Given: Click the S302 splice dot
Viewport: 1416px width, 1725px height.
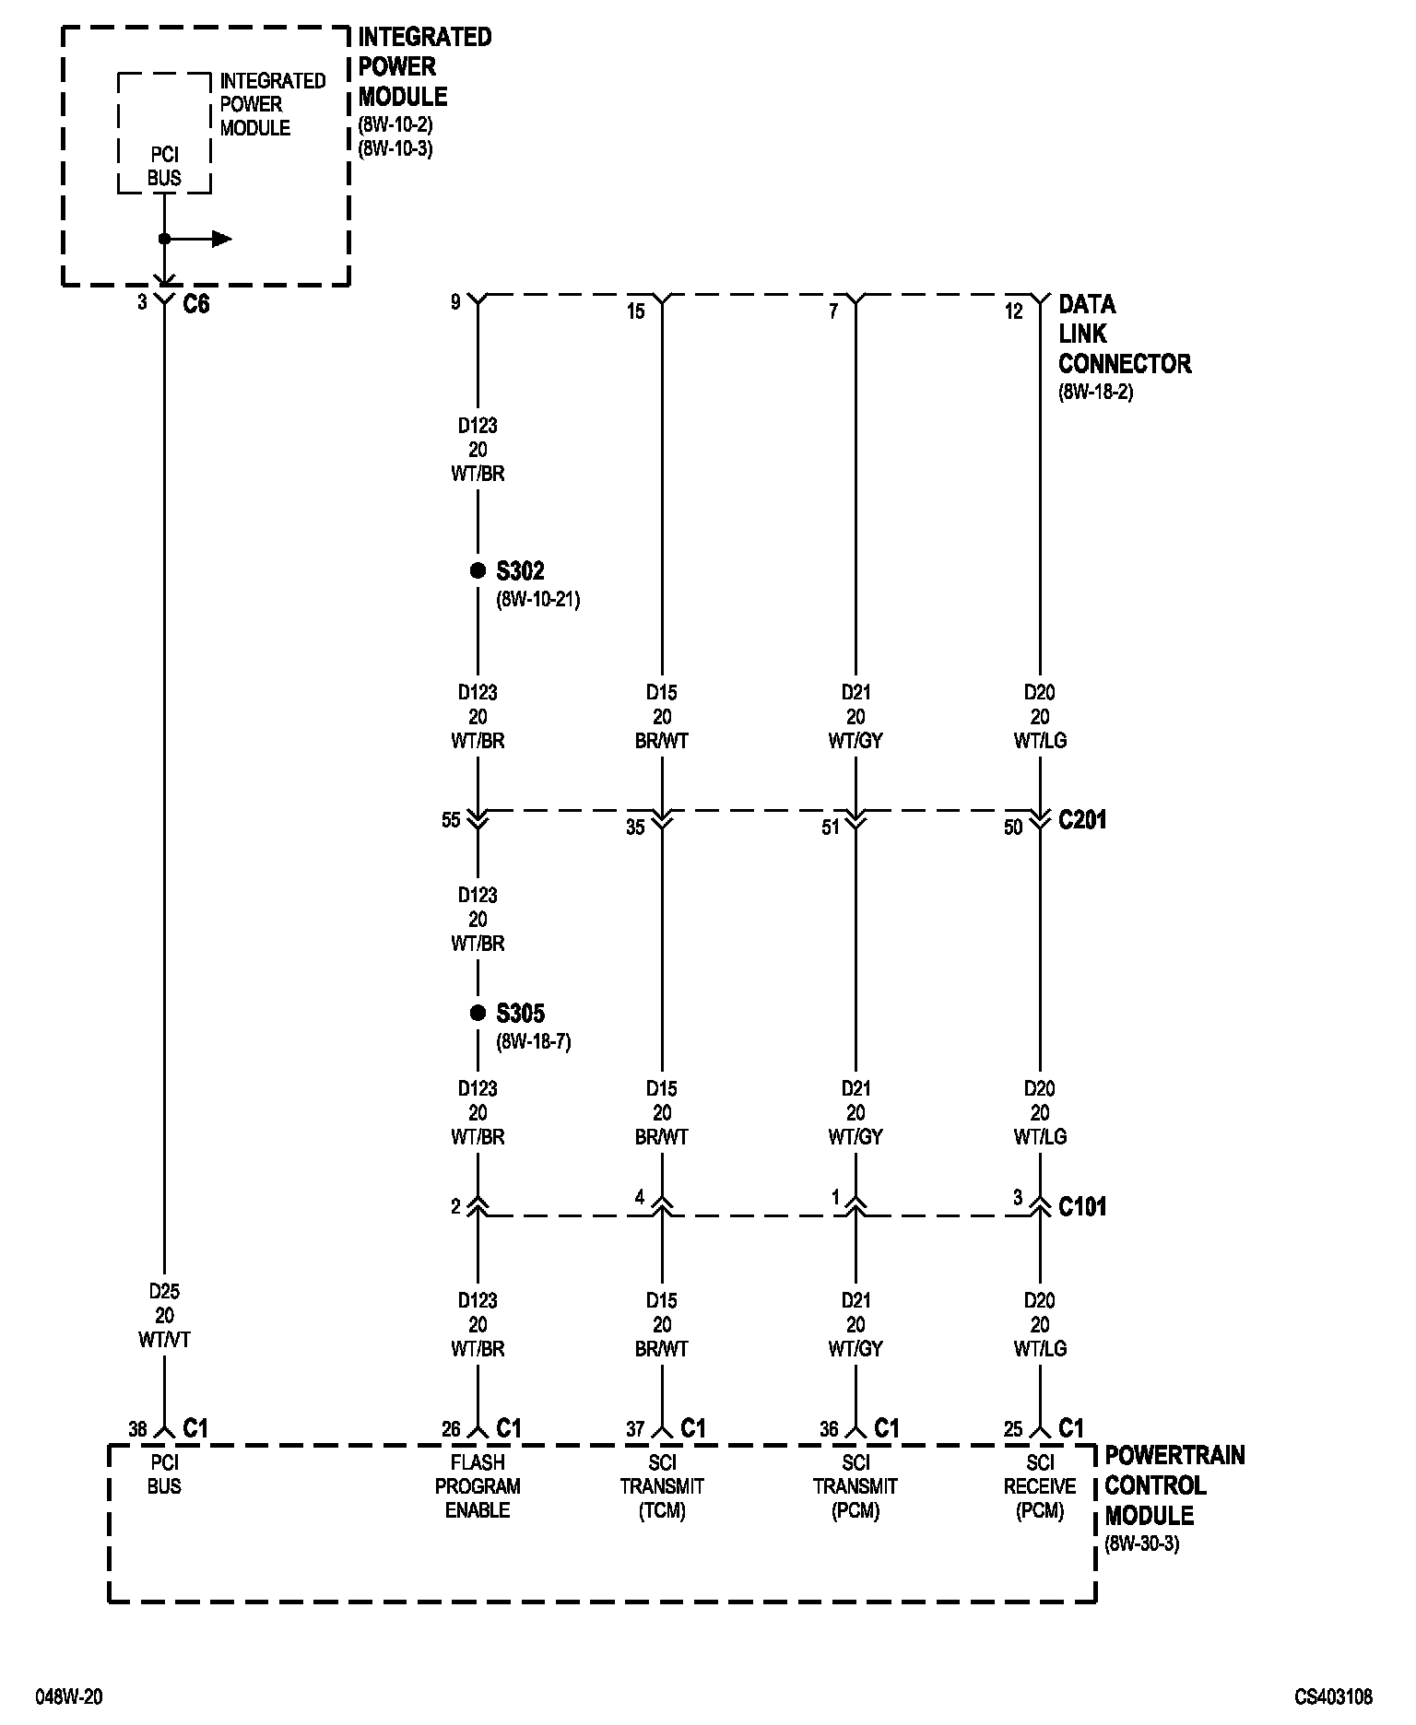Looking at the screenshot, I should coord(478,571).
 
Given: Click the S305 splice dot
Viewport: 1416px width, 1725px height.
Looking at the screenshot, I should coord(478,1014).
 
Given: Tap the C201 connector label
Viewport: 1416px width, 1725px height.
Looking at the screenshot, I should coord(1082,820).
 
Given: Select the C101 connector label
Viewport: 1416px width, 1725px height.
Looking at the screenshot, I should coord(1082,1207).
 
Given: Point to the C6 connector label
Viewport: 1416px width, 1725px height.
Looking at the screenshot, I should coord(196,304).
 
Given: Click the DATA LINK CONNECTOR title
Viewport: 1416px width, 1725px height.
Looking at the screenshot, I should coord(1124,334).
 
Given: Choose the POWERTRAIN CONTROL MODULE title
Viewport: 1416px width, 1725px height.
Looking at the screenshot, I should coord(1174,1485).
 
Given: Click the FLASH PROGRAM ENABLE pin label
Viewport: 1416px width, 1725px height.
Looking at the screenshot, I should coord(478,1486).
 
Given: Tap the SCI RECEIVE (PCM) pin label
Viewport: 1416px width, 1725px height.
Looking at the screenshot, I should coord(1040,1486).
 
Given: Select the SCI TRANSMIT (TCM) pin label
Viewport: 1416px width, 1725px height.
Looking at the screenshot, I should coord(662,1486).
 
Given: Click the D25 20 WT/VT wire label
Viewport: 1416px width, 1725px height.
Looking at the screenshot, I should coord(164,1316).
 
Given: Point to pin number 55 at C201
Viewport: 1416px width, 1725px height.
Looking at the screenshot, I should coord(451,820).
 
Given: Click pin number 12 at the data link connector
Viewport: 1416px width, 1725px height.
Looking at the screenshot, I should coord(1013,311).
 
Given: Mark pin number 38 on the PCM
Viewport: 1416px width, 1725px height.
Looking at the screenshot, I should coord(137,1429).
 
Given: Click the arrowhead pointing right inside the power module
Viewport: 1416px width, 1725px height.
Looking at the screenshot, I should coord(221,240).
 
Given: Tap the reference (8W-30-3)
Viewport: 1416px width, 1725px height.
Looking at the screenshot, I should coord(1141,1543).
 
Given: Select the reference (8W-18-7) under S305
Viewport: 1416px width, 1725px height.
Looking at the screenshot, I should coord(534,1042).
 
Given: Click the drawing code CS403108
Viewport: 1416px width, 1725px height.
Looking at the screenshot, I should coord(1333,1696).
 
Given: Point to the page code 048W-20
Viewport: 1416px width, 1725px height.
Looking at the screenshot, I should coord(69,1696).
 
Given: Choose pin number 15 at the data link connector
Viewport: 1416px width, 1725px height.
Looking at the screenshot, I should coord(636,311).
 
